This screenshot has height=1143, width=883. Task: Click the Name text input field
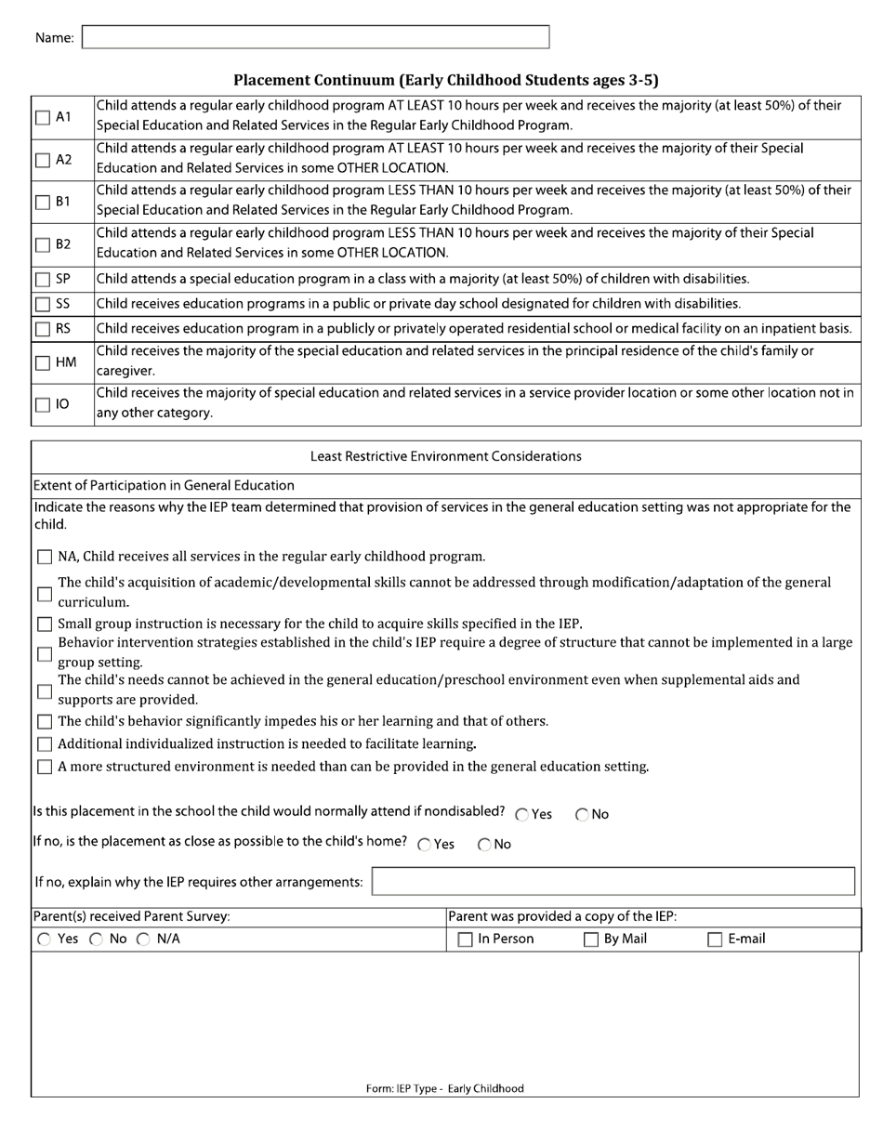pos(316,37)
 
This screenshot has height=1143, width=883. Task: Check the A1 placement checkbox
pos(44,118)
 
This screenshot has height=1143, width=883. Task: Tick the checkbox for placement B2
pos(44,245)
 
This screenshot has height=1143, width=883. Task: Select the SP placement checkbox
pos(44,280)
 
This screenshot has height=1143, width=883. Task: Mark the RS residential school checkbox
pos(44,328)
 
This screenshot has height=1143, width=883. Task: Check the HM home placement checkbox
pos(44,363)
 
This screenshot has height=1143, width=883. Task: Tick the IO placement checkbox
pos(44,405)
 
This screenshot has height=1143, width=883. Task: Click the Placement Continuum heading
pos(445,80)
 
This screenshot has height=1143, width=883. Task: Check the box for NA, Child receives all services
pos(45,558)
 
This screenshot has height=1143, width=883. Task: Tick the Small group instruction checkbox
pos(45,624)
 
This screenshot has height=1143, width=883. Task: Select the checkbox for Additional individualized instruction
pos(45,744)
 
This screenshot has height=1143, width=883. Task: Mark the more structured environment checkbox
pos(45,768)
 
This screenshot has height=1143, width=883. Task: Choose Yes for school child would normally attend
pos(522,815)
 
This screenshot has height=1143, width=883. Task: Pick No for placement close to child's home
pos(485,846)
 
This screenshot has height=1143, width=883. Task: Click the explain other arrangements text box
pos(613,881)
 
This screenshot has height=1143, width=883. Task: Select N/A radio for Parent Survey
pos(143,939)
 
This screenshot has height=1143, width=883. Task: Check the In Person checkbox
pos(466,940)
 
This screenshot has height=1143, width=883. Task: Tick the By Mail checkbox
pos(591,940)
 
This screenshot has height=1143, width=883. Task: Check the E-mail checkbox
pos(716,940)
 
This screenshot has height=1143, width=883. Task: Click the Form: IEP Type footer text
pos(444,1088)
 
